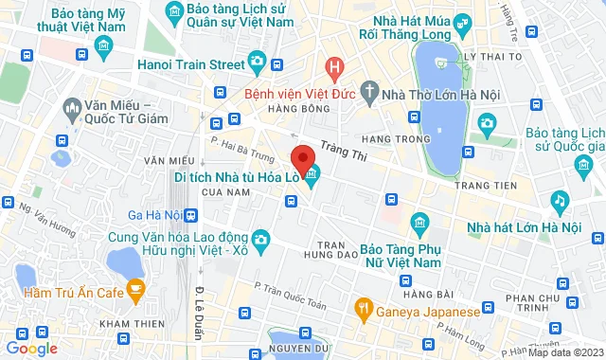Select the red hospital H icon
point(332,66)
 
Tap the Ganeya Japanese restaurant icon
point(361,309)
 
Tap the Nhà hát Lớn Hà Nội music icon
point(560,202)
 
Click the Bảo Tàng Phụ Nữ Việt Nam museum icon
point(419,225)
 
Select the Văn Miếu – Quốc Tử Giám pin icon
point(73,112)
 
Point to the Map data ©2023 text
point(564,352)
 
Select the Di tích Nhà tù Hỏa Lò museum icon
point(312,174)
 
